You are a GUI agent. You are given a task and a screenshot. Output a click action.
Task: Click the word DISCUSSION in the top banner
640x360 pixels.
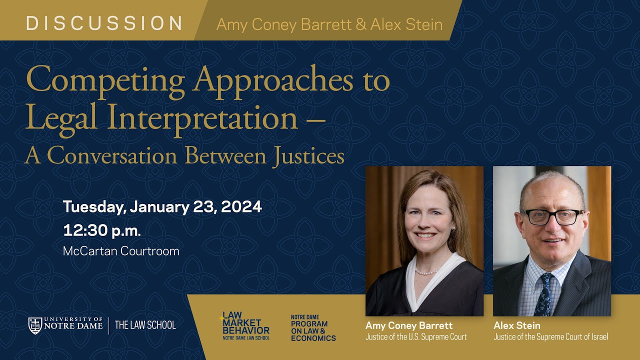104,23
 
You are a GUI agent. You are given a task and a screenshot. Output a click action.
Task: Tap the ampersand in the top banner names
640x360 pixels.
360,24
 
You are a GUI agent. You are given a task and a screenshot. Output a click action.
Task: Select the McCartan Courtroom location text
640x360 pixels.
121,251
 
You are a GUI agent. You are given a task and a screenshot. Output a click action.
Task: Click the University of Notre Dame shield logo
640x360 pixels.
35,325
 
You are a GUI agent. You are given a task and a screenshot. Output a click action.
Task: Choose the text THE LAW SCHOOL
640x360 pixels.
145,325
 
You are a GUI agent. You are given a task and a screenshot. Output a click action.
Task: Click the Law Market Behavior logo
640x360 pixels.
245,326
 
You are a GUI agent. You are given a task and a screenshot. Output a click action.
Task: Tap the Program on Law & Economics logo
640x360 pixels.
313,328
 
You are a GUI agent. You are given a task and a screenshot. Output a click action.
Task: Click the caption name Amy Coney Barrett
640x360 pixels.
408,325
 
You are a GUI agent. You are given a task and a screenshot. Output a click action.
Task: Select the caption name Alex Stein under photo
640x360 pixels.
516,325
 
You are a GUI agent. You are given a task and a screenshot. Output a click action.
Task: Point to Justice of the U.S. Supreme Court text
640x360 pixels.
415,337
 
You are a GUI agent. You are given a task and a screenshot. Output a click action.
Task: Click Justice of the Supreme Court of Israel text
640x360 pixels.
550,337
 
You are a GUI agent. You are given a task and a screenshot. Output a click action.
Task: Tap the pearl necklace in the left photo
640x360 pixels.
426,272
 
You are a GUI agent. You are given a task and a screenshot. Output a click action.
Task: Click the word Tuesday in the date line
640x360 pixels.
93,206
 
